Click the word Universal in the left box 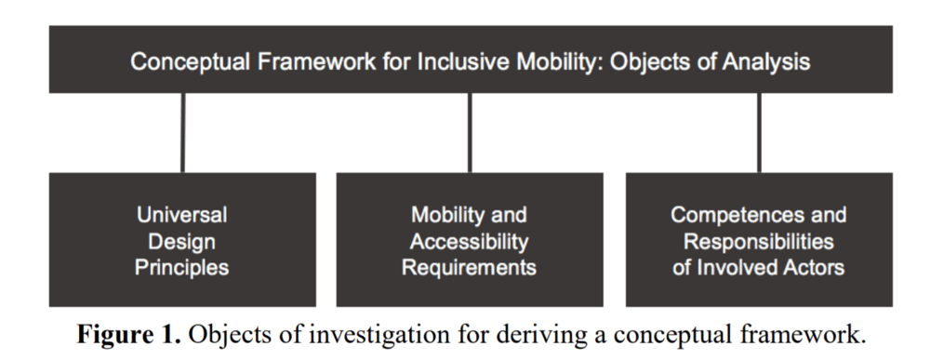[x=182, y=215]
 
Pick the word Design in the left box [x=182, y=242]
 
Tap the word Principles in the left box [x=182, y=268]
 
